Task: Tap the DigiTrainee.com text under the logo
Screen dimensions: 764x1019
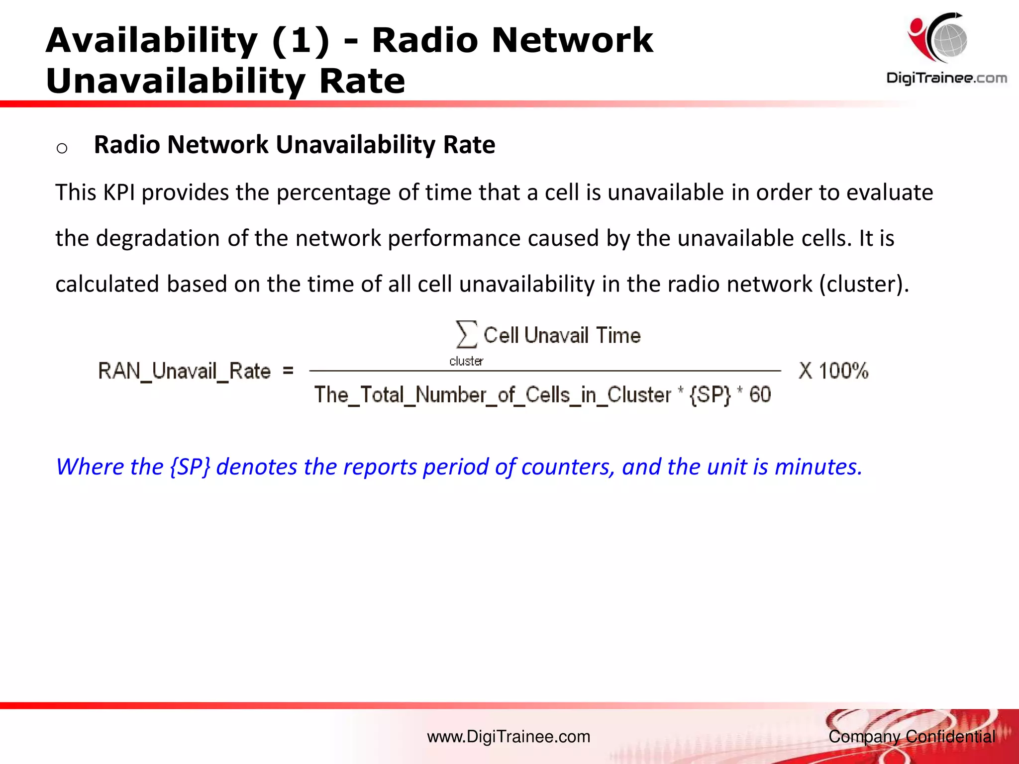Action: (x=946, y=78)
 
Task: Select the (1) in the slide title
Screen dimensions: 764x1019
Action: (x=301, y=41)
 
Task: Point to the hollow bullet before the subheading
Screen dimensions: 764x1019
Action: (x=62, y=148)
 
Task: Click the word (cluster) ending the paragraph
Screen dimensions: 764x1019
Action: (x=864, y=285)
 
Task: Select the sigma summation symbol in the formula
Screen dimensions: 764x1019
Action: (x=466, y=334)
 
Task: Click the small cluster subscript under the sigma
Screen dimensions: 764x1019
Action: (x=466, y=362)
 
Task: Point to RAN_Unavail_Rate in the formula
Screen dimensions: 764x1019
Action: (x=184, y=371)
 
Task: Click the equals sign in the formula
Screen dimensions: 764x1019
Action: (x=288, y=371)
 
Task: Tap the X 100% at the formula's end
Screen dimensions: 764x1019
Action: (x=833, y=371)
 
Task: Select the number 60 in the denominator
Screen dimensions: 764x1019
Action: (x=760, y=395)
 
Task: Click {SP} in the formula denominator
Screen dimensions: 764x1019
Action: (x=710, y=395)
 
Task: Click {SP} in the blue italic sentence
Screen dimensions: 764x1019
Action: (x=190, y=467)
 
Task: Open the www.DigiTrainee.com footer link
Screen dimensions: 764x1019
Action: (x=509, y=737)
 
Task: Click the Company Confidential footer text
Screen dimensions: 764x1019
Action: (x=912, y=737)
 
